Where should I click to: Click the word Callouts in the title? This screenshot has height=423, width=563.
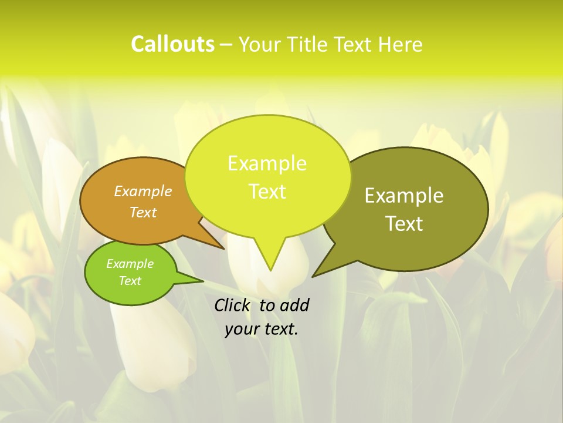point(172,44)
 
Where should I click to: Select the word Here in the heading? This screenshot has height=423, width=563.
point(401,44)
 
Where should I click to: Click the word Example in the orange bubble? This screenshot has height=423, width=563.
point(143,191)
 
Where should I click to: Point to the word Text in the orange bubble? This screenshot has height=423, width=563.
point(143,212)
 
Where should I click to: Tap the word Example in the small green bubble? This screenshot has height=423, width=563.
point(130,264)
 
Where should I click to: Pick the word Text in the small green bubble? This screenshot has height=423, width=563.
point(130,281)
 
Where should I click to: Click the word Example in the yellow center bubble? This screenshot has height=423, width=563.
point(267,163)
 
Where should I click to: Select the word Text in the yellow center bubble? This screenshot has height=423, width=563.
point(267,192)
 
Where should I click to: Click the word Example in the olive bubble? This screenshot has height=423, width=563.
point(404,196)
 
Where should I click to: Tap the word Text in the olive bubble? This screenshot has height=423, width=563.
point(404,224)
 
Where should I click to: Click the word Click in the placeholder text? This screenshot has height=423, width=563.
point(232,305)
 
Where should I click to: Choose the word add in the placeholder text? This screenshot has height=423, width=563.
point(294,305)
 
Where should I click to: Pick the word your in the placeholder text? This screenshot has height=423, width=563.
point(242,329)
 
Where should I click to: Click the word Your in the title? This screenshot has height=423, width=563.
point(260,44)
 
